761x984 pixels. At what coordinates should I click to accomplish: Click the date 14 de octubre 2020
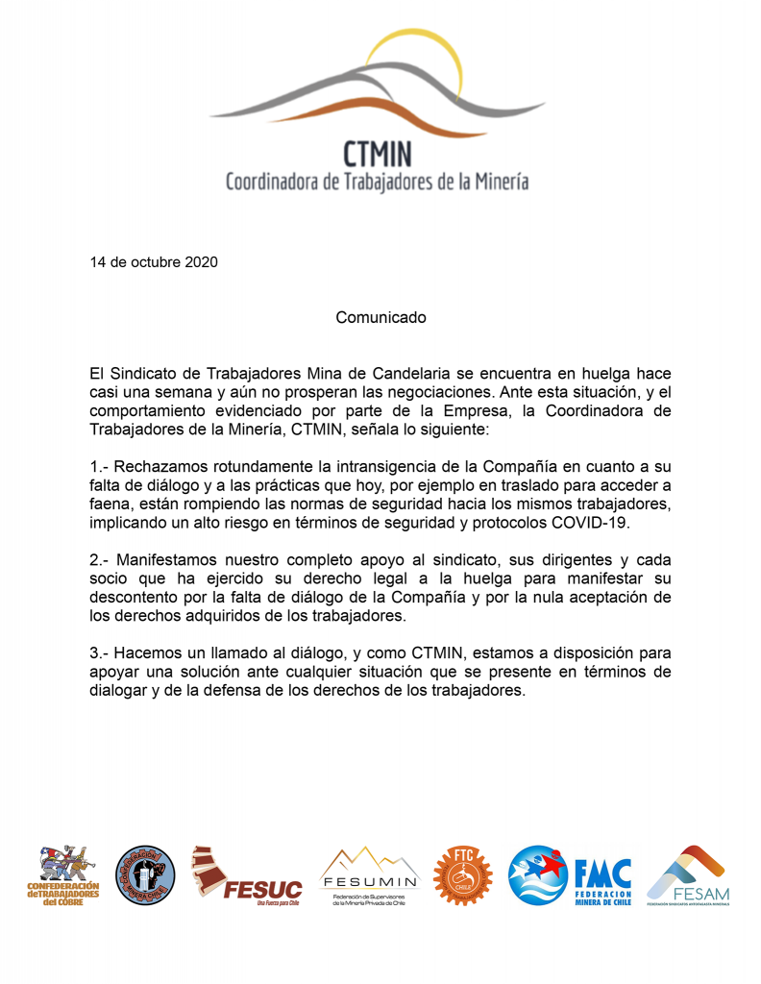pos(154,261)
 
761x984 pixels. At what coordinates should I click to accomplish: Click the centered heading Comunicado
pos(380,316)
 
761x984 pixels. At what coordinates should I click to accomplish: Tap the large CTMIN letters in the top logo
pos(378,154)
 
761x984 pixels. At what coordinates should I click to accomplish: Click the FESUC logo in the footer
pos(248,875)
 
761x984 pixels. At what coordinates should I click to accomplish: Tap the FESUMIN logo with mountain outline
pos(369,875)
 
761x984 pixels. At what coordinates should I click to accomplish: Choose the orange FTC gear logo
pos(461,875)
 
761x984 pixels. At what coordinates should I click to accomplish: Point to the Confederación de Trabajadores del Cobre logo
pos(62,875)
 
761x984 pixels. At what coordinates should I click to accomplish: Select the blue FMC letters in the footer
pos(602,873)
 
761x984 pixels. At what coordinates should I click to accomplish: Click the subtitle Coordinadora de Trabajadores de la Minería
pos(377,182)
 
